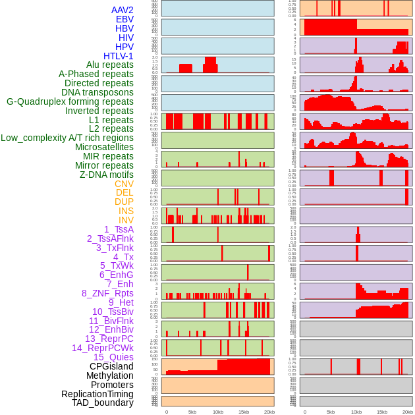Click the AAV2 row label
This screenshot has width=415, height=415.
[122, 10]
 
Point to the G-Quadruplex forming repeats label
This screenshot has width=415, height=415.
[70, 101]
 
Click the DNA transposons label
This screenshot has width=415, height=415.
[97, 92]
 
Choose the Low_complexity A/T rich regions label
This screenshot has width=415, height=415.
[67, 138]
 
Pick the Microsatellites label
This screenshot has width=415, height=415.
[104, 147]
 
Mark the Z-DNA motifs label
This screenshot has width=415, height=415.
[107, 175]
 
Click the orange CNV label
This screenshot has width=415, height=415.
[124, 184]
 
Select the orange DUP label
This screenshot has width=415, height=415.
[124, 202]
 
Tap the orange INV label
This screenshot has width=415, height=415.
[125, 220]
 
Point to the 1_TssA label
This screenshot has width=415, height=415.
[119, 229]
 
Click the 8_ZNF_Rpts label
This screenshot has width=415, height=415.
[107, 293]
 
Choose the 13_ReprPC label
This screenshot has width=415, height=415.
[109, 339]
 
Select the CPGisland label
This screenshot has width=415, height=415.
[111, 366]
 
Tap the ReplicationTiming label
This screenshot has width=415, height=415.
[97, 394]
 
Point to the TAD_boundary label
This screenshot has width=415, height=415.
[103, 402]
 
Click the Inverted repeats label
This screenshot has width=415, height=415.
[99, 111]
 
